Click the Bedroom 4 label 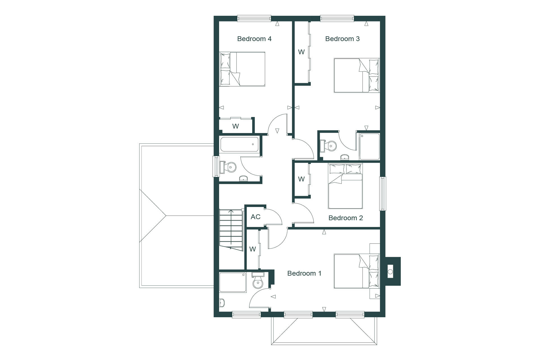(254, 39)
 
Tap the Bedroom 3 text (342, 39)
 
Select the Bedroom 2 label (346, 218)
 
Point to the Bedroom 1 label (304, 273)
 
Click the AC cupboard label (256, 217)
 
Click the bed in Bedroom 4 (242, 69)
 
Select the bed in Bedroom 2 (345, 186)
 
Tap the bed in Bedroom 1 (357, 271)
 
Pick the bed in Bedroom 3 (357, 75)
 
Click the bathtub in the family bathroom (239, 144)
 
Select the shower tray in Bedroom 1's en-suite (233, 282)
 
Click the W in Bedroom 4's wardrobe (236, 126)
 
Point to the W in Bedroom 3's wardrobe (301, 52)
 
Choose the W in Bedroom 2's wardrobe (301, 179)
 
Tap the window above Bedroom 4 (254, 18)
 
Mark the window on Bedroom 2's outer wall (382, 193)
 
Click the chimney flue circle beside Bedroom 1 (390, 272)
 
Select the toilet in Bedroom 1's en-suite (258, 280)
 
